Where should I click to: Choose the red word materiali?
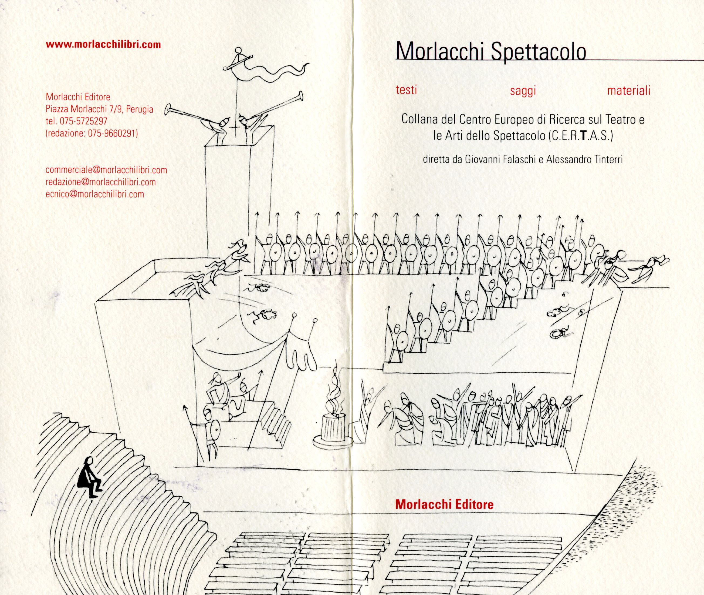click(628, 91)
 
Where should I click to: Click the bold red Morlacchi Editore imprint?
click(444, 504)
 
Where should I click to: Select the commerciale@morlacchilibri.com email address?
click(106, 170)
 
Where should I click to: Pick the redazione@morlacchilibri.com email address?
click(100, 182)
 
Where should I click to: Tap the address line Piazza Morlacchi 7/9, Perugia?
click(99, 109)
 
